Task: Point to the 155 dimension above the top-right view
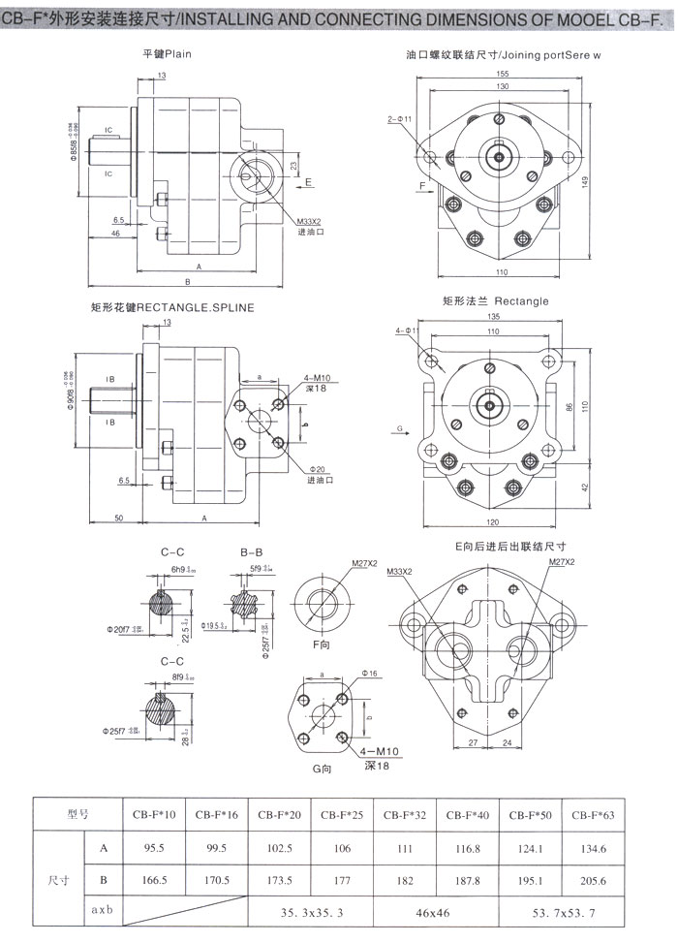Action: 502,75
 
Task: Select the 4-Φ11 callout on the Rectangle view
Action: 406,331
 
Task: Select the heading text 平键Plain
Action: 167,54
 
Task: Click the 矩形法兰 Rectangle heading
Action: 495,301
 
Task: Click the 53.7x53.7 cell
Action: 562,914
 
